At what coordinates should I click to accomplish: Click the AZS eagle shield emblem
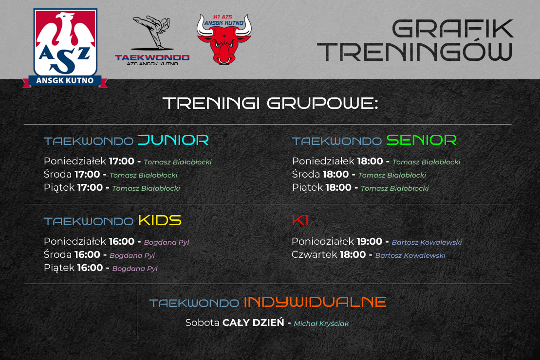coord(65,48)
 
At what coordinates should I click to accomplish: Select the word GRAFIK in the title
coord(453,29)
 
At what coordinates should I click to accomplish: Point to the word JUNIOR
coord(173,140)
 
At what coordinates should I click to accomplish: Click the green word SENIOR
coord(422,140)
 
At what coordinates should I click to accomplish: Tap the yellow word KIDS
coord(160,220)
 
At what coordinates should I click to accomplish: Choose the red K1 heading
coord(300,220)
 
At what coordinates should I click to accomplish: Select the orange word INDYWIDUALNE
coord(315,302)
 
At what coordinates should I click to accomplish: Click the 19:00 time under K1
coord(369,242)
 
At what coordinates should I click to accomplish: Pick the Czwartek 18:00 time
coord(353,255)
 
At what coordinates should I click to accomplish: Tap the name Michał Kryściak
coord(321,324)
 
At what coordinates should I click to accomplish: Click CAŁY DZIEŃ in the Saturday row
coord(253,323)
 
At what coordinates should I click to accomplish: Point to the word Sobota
coord(203,323)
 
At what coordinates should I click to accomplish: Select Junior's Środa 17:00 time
coord(87,175)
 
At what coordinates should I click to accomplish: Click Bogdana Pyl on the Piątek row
coord(135,269)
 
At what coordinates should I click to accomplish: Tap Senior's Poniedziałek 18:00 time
coord(370,161)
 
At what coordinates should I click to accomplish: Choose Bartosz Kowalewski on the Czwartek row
coord(410,255)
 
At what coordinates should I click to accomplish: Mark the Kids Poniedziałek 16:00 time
coord(122,242)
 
